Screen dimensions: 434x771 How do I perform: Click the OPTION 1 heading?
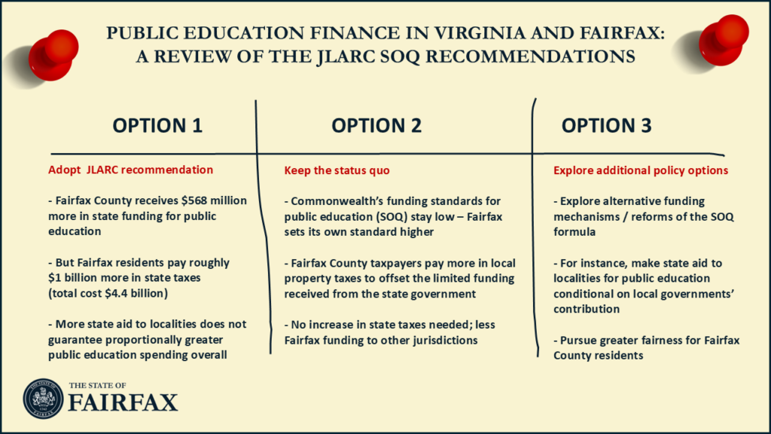157,126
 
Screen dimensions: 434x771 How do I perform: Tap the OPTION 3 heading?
606,126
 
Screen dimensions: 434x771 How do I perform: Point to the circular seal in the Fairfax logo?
44,399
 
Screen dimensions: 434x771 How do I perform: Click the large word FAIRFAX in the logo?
123,403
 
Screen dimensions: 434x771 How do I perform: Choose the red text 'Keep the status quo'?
337,170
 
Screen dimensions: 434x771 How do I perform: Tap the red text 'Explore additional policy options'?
641,170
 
